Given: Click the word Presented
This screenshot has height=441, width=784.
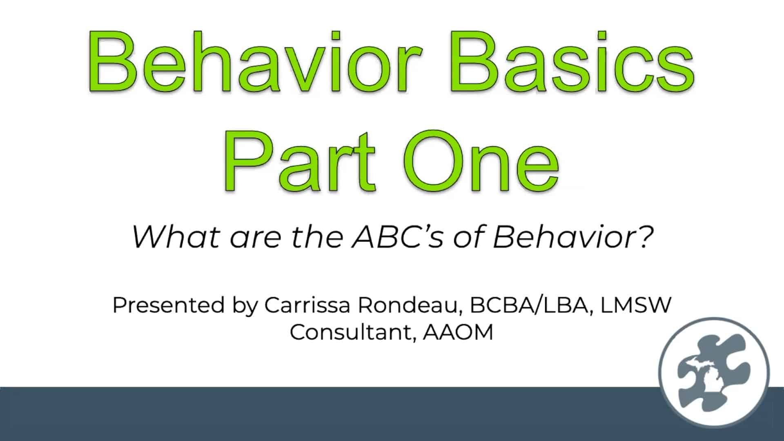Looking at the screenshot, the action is coord(169,305).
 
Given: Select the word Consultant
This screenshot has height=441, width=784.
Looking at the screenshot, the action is coord(353,332).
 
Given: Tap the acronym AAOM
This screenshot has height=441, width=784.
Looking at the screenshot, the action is coord(458,332).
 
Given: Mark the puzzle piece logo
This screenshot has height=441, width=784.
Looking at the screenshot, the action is coord(713,372).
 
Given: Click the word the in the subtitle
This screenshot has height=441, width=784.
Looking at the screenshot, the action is coord(316,237).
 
